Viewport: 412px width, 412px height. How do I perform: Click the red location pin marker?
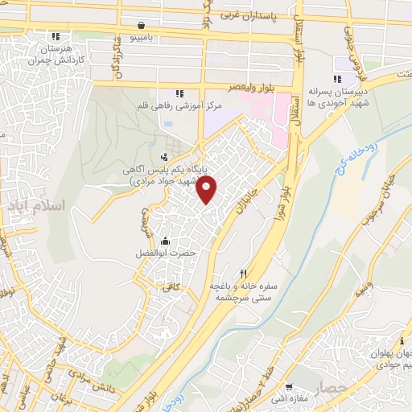[x=208, y=190]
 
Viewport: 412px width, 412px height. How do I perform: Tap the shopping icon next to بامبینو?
[x=142, y=24]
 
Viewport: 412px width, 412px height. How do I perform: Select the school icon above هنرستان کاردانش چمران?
[x=56, y=36]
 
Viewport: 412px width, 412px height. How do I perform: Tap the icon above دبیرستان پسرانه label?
[x=338, y=79]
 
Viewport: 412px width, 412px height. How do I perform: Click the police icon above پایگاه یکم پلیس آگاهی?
[x=165, y=156]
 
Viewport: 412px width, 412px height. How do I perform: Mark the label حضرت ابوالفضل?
[x=166, y=253]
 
